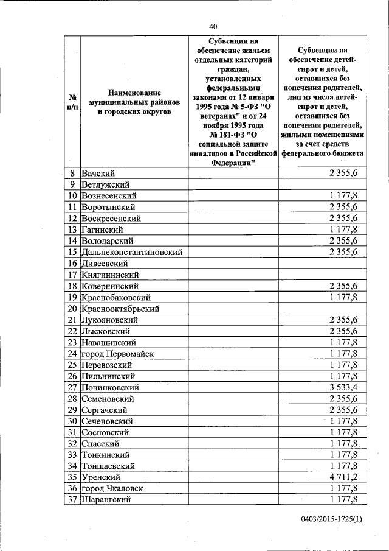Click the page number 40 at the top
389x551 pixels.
[212, 26]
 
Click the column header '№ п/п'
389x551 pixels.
[72, 102]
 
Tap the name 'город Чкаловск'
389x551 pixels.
[114, 488]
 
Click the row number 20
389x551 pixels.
[72, 309]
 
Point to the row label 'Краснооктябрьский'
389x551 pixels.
[120, 309]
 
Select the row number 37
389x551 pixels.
[72, 500]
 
